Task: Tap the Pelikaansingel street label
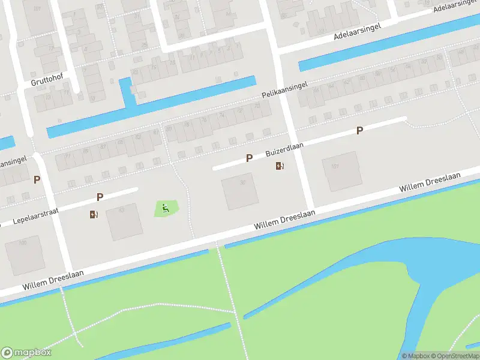coord(284,91)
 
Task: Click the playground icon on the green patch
coord(166,209)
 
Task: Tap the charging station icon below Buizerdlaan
coord(280,166)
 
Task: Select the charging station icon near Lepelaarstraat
coord(94,214)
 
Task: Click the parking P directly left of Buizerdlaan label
coord(249,158)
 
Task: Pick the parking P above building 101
coord(359,130)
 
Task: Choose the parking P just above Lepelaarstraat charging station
coord(100,197)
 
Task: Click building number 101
coord(335,166)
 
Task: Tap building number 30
coord(242,182)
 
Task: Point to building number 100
coord(23,243)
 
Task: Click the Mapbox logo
coord(26,353)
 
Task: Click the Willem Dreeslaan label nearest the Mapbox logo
coord(53,280)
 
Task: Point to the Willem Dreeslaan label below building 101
coord(430,182)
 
